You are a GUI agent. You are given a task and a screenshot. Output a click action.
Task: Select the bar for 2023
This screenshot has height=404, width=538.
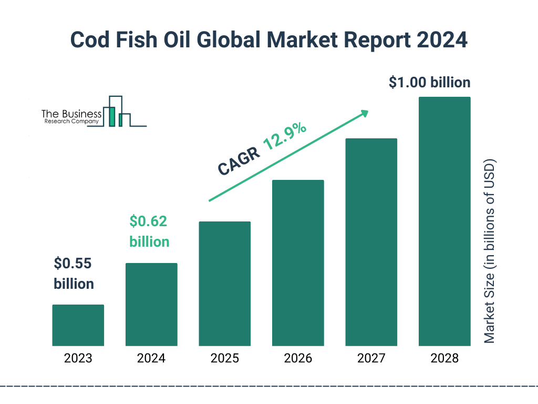pyautogui.click(x=78, y=325)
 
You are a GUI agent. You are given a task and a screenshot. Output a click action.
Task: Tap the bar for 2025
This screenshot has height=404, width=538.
pyautogui.click(x=224, y=284)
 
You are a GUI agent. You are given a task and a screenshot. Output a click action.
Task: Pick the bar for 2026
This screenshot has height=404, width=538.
pyautogui.click(x=298, y=263)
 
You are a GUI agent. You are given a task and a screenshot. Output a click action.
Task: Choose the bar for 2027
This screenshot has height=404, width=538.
pyautogui.click(x=371, y=242)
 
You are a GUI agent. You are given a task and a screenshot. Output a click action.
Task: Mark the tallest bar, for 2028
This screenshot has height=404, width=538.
pyautogui.click(x=444, y=221)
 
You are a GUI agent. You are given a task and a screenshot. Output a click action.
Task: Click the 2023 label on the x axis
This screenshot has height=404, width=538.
pyautogui.click(x=78, y=359)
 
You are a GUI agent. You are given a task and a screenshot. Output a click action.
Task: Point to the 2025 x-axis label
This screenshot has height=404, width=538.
pyautogui.click(x=224, y=359)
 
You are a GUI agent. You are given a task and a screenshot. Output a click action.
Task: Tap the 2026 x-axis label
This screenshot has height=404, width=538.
pyautogui.click(x=298, y=359)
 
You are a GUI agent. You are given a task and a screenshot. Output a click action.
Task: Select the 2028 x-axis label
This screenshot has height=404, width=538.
pyautogui.click(x=444, y=359)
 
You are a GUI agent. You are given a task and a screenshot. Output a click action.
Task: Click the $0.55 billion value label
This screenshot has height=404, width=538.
pyautogui.click(x=74, y=274)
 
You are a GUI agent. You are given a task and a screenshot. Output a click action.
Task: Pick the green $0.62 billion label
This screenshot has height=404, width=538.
pyautogui.click(x=149, y=231)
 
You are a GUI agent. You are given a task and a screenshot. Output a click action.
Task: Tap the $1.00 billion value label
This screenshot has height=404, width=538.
pyautogui.click(x=429, y=83)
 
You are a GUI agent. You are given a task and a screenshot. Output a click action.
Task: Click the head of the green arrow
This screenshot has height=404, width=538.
pyautogui.click(x=364, y=113)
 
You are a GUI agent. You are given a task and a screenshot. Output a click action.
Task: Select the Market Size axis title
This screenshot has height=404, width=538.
pyautogui.click(x=490, y=250)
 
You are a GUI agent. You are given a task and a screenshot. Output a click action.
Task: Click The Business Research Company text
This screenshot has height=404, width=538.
pyautogui.click(x=71, y=117)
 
